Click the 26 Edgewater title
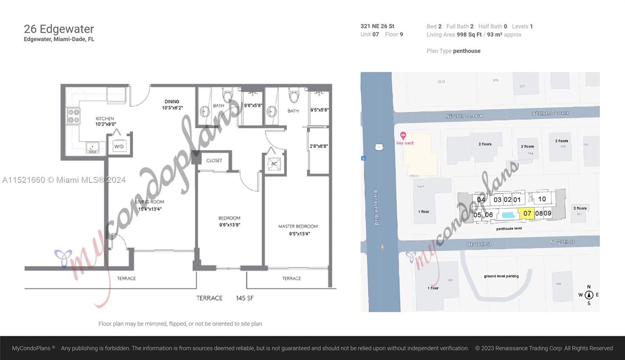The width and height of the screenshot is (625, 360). [x=59, y=29]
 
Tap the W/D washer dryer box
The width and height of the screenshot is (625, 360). [x=119, y=146]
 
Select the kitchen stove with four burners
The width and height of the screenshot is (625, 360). [x=74, y=116]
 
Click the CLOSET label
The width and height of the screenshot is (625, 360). [x=214, y=160]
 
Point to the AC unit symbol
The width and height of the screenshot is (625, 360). [x=274, y=164]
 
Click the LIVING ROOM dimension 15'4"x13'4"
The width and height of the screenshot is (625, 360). [x=150, y=209]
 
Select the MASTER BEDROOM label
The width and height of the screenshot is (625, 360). [x=298, y=226]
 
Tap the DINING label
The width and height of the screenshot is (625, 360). [x=172, y=102]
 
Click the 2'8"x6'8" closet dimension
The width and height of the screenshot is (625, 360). [x=319, y=146]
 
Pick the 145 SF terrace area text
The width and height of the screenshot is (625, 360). [x=245, y=298]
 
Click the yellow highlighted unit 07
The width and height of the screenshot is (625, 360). [x=527, y=213]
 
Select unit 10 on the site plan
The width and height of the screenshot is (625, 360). [x=542, y=199]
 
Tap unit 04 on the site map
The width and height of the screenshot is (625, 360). [x=481, y=200]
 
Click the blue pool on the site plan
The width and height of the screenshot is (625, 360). [x=508, y=215]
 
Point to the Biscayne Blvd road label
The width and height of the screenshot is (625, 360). [x=376, y=207]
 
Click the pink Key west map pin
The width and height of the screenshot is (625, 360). [x=403, y=135]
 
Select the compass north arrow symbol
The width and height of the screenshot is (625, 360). [x=589, y=295]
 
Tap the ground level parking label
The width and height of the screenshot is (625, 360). [x=501, y=276]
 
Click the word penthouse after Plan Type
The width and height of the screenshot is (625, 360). [x=466, y=51]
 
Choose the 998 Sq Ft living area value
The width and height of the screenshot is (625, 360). [x=469, y=34]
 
